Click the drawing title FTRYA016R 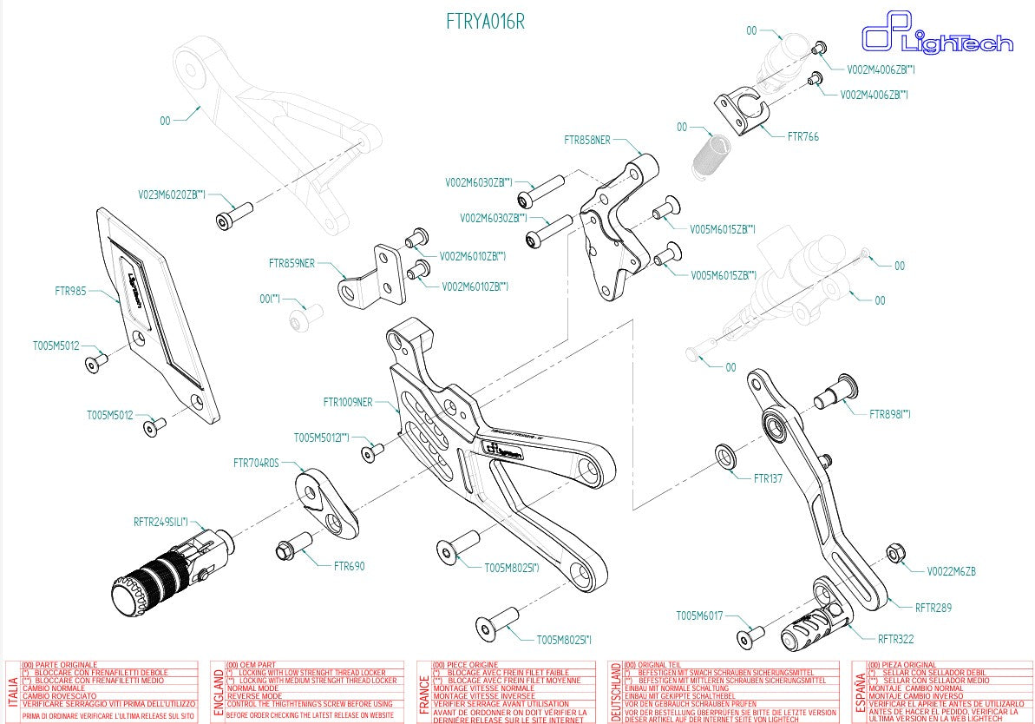(485, 22)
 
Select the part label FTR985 (71, 292)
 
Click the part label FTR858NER (587, 139)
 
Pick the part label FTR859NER (292, 261)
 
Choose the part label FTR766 (802, 136)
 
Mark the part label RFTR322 (895, 640)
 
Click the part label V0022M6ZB (951, 571)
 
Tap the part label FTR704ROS (256, 463)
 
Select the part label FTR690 (349, 566)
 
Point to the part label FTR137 (768, 478)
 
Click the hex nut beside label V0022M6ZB (895, 554)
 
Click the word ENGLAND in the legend (217, 690)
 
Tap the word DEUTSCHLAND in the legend (615, 690)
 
